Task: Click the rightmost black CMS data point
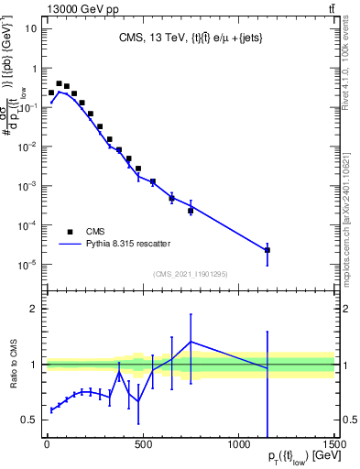click(267, 249)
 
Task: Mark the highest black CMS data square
click(59, 83)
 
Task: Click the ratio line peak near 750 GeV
click(191, 342)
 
